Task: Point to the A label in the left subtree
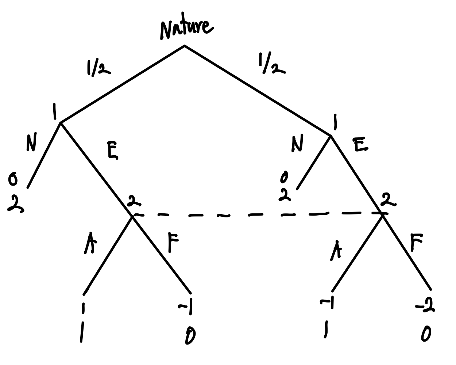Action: point(88,244)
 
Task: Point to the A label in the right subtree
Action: point(336,251)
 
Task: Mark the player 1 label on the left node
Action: point(55,111)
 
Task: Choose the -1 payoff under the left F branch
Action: point(187,308)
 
